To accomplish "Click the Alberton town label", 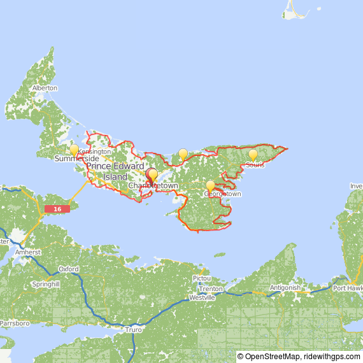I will click(45, 88).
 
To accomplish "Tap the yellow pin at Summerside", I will click(74, 151).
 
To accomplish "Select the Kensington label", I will click(94, 152).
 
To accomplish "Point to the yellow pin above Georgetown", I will click(210, 186).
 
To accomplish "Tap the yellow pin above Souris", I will click(253, 155).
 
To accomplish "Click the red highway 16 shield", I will click(57, 209).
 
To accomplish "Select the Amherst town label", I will click(28, 252).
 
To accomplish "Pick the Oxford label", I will click(68, 269).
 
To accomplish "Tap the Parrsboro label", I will click(15, 324).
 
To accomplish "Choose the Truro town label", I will click(134, 329).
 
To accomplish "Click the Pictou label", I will click(201, 279).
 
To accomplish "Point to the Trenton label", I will click(211, 289).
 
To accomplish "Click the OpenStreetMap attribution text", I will click(268, 357).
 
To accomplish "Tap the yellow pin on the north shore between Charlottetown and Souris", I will click(183, 154).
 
